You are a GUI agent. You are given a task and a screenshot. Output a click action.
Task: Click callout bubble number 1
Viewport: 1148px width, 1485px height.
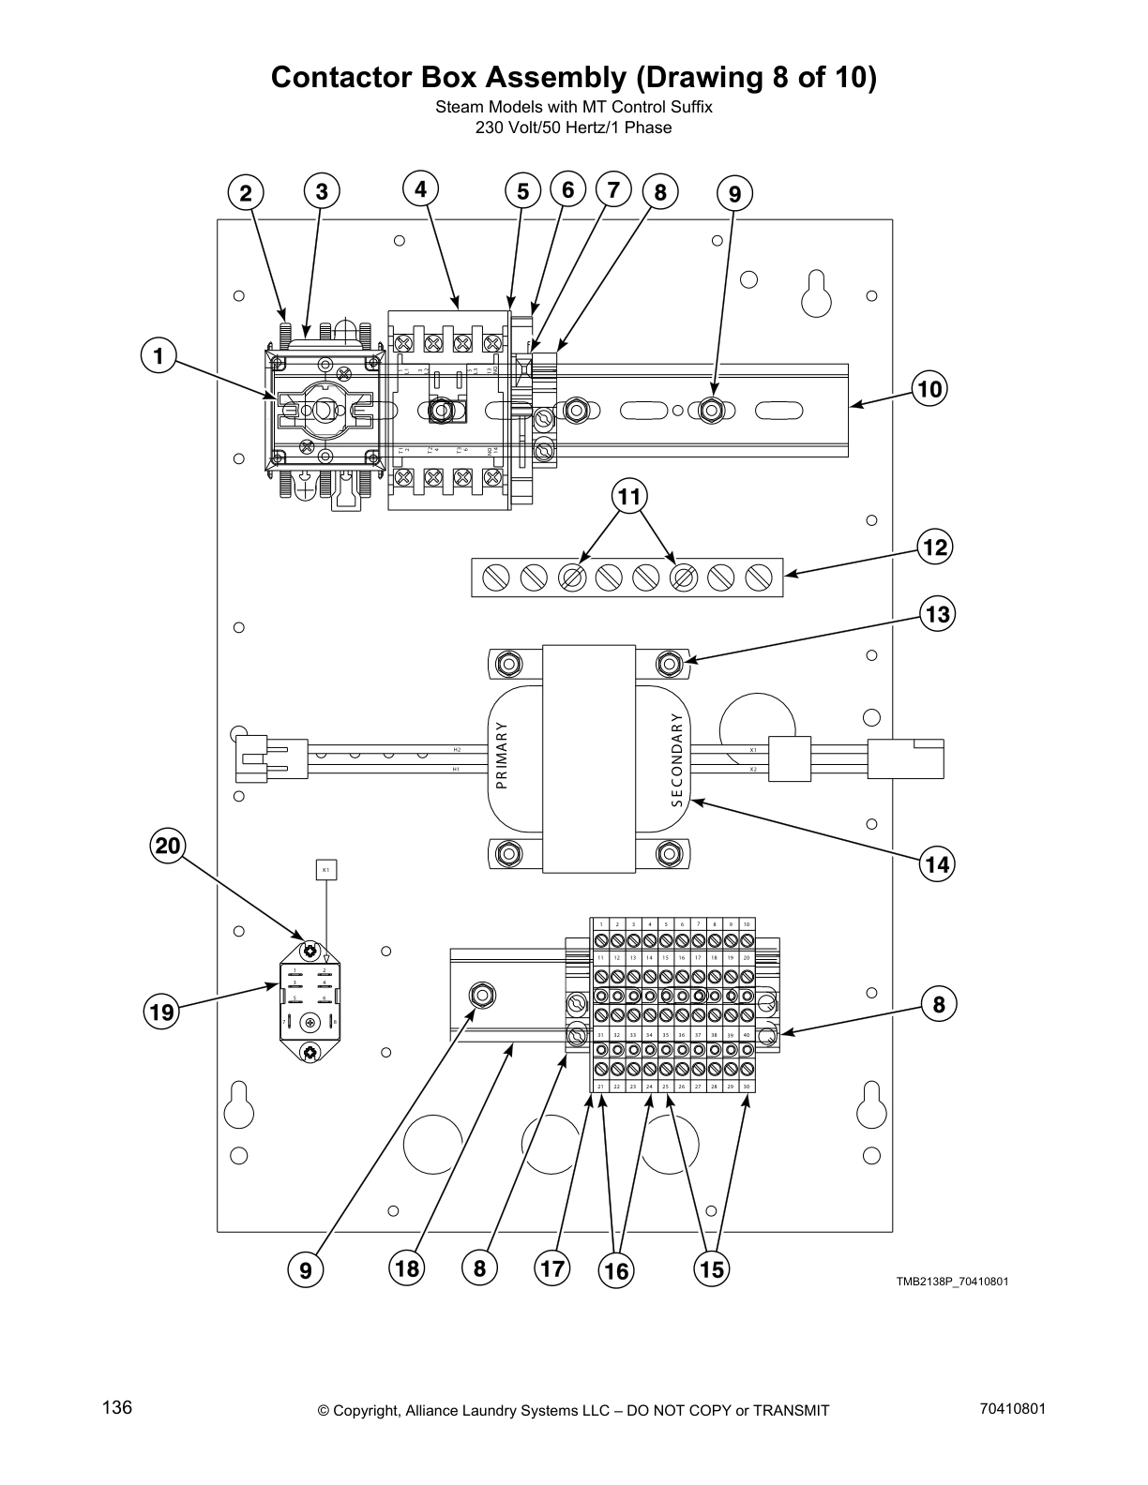coord(159,356)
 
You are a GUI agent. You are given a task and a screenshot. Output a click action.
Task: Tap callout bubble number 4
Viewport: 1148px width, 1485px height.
coord(421,189)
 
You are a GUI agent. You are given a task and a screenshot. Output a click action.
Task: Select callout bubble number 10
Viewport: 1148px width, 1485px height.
coord(930,388)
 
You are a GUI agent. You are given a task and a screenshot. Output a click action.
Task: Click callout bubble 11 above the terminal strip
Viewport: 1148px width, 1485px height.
coord(630,497)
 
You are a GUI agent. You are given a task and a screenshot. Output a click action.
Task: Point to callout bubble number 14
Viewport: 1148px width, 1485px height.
coord(937,864)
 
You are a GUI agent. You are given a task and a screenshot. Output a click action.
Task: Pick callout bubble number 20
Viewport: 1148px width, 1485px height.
coord(168,847)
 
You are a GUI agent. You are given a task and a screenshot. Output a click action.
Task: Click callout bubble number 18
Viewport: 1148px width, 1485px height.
coord(406,1268)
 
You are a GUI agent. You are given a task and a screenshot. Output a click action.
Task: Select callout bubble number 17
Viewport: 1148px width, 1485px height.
coord(551,1268)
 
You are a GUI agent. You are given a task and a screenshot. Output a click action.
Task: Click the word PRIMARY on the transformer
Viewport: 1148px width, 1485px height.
coord(501,756)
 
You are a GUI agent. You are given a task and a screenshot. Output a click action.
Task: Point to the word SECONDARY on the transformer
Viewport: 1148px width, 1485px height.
coord(676,759)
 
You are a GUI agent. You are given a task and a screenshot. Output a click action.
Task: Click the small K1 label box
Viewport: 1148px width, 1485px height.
coord(325,870)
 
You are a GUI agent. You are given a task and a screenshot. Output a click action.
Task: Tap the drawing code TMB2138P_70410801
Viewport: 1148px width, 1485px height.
coord(951,1282)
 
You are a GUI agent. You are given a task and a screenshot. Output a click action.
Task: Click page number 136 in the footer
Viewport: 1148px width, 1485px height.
coord(118,1407)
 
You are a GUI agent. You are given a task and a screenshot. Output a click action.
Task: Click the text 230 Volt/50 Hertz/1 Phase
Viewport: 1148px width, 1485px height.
coord(573,127)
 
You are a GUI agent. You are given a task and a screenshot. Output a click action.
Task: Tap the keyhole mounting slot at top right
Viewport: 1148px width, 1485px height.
coord(817,293)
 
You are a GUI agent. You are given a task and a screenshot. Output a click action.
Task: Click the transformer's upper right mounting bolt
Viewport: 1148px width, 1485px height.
coord(668,664)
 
